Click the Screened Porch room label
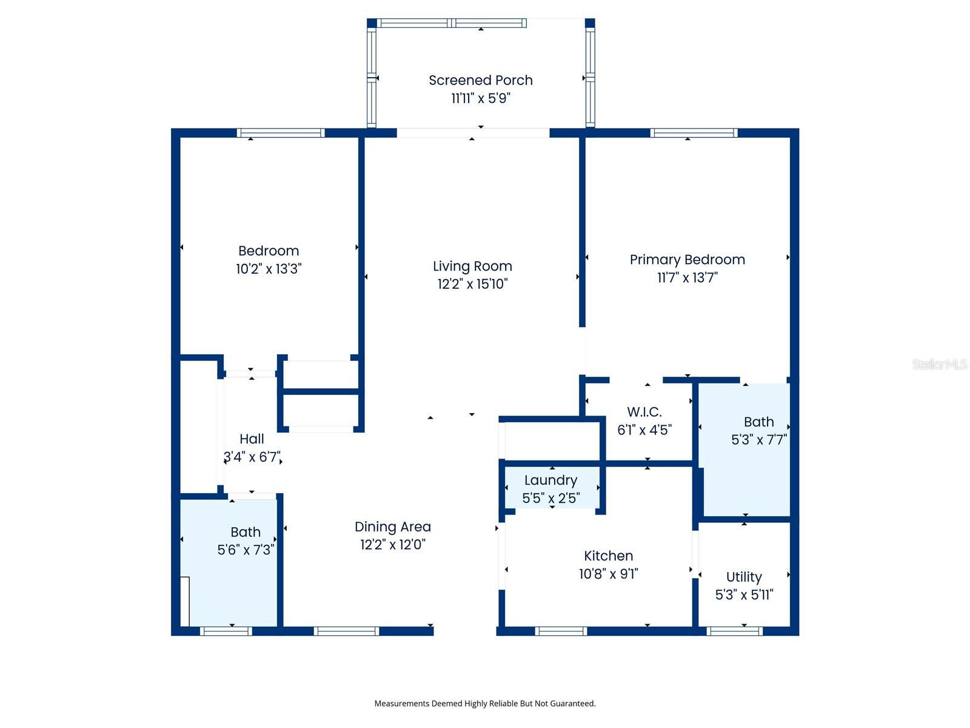click(481, 80)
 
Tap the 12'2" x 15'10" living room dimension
click(472, 284)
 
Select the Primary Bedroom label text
click(687, 260)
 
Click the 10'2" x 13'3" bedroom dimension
click(269, 269)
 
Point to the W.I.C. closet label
click(644, 412)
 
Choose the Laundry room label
click(550, 480)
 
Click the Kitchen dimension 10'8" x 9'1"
click(608, 574)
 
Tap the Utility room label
click(744, 577)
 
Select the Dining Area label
click(393, 527)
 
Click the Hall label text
click(252, 439)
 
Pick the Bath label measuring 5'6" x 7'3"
click(246, 532)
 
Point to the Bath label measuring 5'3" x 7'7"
click(758, 422)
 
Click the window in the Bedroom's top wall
click(280, 133)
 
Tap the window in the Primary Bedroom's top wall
click(694, 133)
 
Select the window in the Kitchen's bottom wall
click(561, 631)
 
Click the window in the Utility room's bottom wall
click(734, 631)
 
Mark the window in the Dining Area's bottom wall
click(346, 631)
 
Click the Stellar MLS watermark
click(940, 364)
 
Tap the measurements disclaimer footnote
click(485, 704)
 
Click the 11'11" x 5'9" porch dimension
click(481, 98)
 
